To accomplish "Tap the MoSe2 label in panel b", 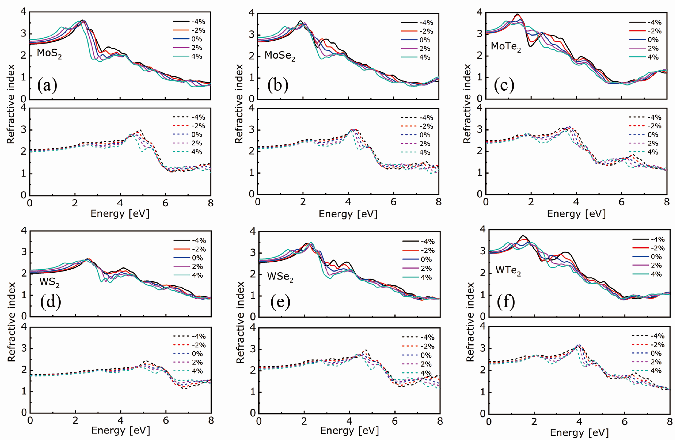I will [280, 55].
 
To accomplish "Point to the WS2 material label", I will [49, 282].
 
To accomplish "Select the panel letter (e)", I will [280, 302].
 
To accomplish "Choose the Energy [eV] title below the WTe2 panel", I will [579, 432].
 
